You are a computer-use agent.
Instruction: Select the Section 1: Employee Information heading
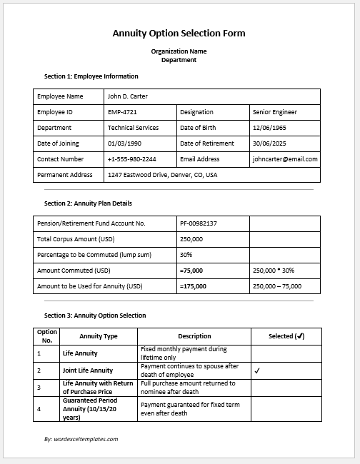91,76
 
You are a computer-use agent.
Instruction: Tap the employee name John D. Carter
127,96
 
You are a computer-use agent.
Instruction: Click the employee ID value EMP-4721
122,112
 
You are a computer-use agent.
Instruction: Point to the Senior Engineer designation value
275,112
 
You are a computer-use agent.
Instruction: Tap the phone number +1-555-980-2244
131,159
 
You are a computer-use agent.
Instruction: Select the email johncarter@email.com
285,159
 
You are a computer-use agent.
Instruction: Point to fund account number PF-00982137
199,223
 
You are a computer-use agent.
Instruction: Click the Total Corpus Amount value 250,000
191,239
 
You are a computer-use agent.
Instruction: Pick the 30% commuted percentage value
186,255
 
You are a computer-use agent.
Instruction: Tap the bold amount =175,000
193,286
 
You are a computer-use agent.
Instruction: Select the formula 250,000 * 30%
274,271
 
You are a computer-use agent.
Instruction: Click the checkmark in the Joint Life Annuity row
256,370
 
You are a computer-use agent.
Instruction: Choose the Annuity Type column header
99,336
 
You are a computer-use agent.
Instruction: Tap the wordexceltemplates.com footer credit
81,439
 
